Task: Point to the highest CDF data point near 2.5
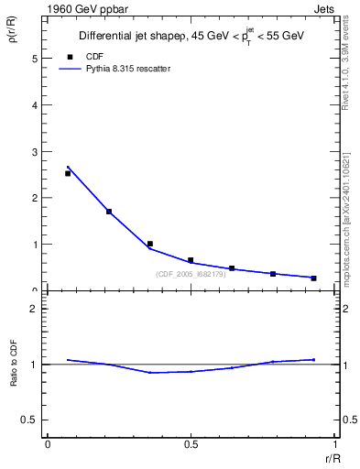[x=68, y=173]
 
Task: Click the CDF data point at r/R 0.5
[x=191, y=260]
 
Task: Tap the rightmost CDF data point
[x=313, y=278]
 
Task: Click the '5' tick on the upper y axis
[x=36, y=58]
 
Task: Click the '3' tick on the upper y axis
[x=36, y=151]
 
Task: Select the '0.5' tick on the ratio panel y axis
[x=31, y=420]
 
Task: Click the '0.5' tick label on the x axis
[x=191, y=443]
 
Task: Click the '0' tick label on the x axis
[x=47, y=443]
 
